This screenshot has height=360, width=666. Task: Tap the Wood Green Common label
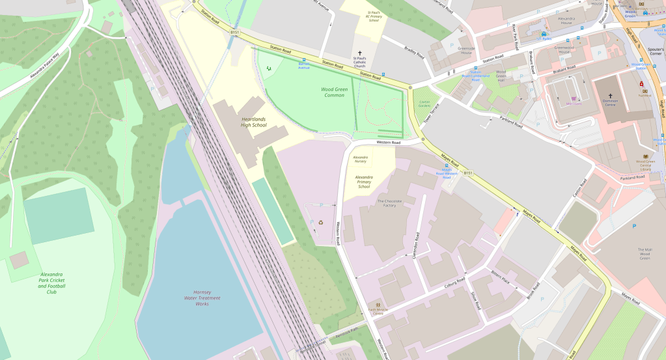tap(337, 92)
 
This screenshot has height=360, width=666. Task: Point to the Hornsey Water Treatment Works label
tap(202, 298)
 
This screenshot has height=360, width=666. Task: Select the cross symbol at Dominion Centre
tap(610, 96)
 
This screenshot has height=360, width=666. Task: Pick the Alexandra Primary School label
tap(363, 182)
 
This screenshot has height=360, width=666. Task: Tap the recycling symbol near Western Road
tap(320, 222)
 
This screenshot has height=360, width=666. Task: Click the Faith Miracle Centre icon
tap(378, 305)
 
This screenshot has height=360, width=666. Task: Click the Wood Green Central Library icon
tap(646, 156)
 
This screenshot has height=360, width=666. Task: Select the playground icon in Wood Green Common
tap(269, 67)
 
